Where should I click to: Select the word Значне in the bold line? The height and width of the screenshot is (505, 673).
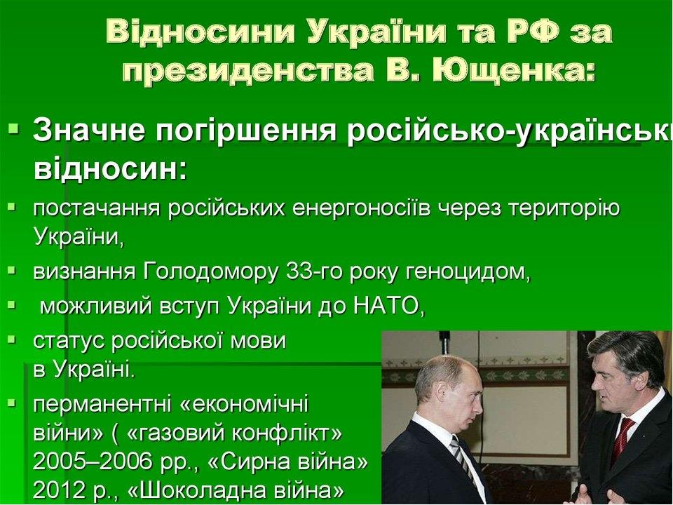pos(89,130)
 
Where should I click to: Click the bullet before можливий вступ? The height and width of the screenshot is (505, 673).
pos(13,306)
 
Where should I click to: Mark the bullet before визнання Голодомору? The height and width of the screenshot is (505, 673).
pos(13,271)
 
